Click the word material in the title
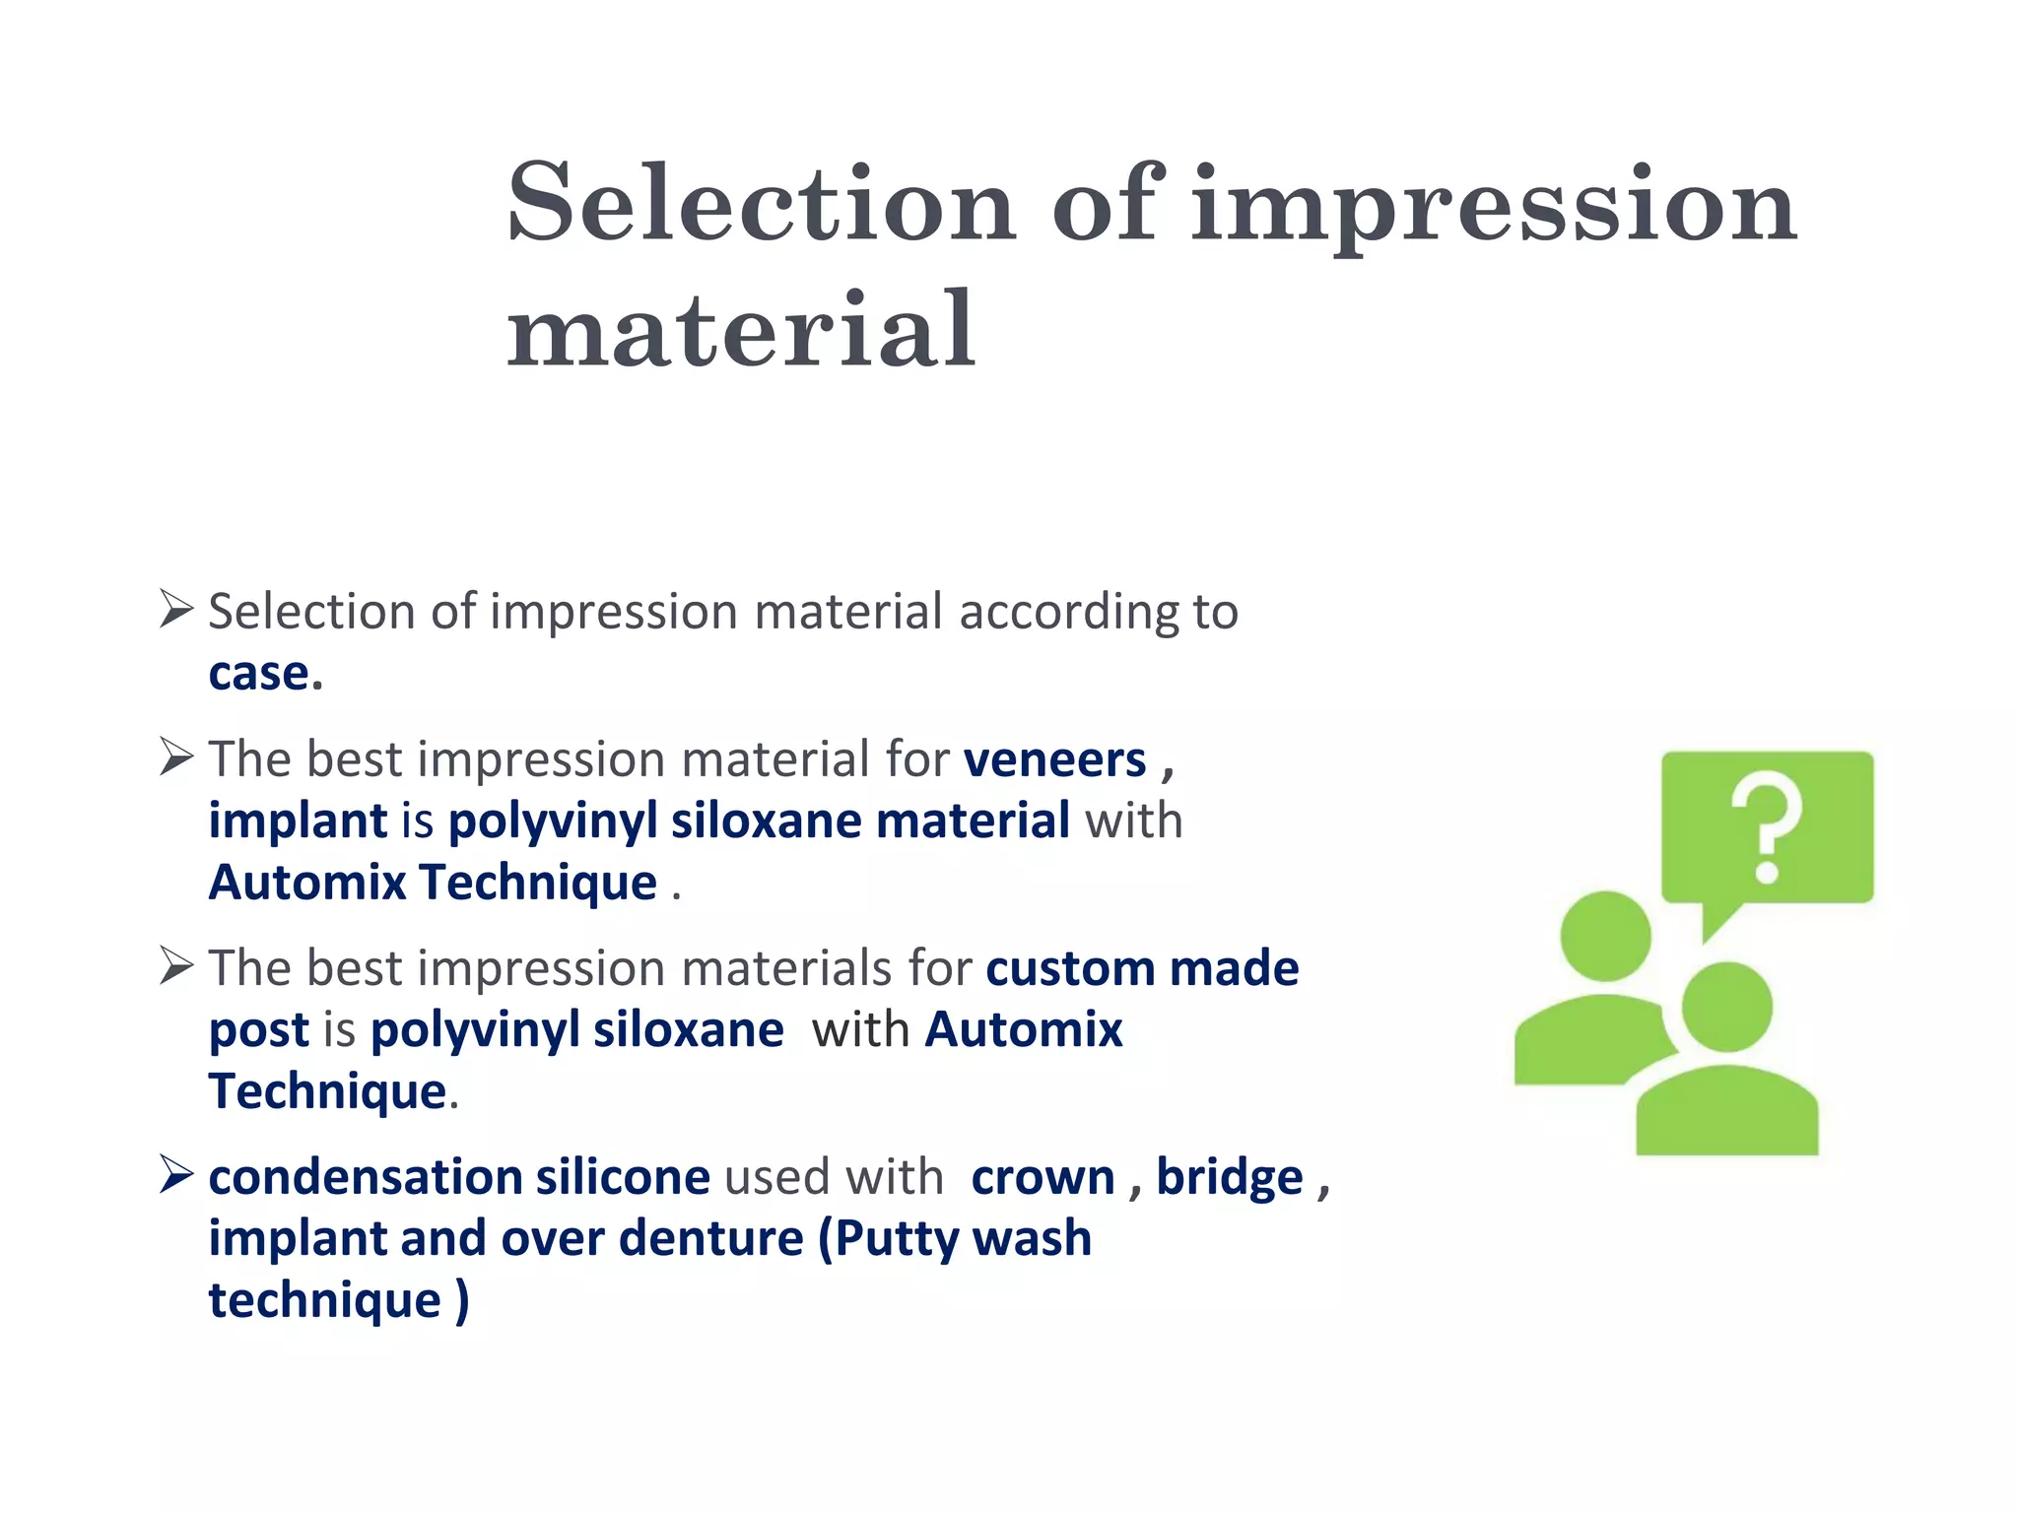point(741,332)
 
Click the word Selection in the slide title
point(761,204)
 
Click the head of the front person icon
point(1726,1008)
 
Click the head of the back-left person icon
point(1605,936)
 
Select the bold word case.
point(264,674)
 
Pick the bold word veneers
point(1054,760)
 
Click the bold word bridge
point(1229,1178)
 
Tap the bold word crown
point(1043,1178)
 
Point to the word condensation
point(365,1178)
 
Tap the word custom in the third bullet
point(1070,969)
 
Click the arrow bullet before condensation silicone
point(176,1174)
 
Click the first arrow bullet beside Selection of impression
point(176,609)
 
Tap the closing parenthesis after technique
point(462,1301)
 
